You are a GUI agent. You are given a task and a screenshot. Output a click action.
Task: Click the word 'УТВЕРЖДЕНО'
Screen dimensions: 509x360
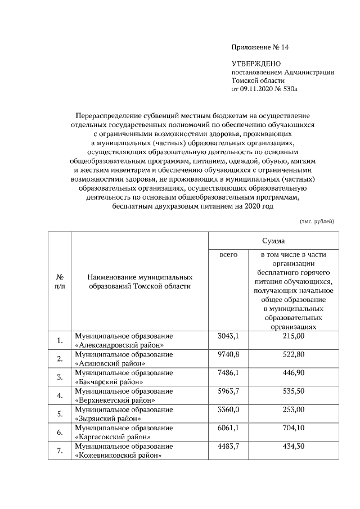256,65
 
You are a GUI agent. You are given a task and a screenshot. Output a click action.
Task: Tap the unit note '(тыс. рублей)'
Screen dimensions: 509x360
317,221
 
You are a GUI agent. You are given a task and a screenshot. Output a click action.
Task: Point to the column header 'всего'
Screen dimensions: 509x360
228,255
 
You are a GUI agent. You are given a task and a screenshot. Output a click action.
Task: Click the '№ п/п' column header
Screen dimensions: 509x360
60,282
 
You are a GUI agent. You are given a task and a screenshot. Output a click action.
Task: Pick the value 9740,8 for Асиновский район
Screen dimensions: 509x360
228,354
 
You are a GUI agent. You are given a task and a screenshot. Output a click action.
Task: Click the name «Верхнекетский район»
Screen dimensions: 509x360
115,400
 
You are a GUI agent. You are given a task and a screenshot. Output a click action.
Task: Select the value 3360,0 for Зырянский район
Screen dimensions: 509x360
228,410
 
